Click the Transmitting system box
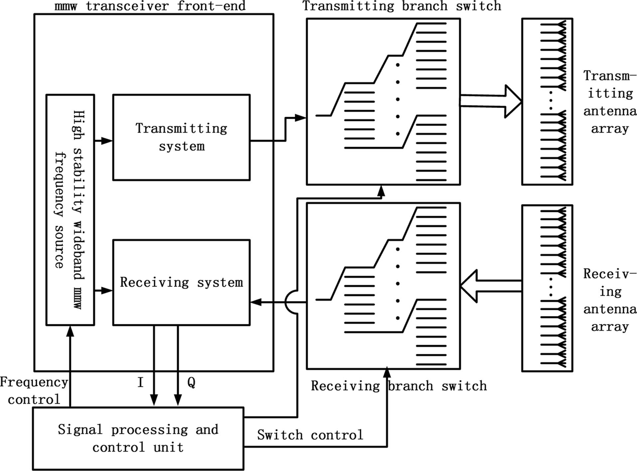pyautogui.click(x=181, y=137)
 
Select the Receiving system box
pyautogui.click(x=181, y=282)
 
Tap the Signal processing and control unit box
pyautogui.click(x=138, y=438)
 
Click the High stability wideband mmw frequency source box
pyautogui.click(x=70, y=209)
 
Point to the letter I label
pyautogui.click(x=141, y=383)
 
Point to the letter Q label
pyautogui.click(x=191, y=383)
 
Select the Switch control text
pyautogui.click(x=310, y=435)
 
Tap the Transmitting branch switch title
pyautogui.click(x=401, y=6)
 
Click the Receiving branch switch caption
pyautogui.click(x=399, y=386)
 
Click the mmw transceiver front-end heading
pyautogui.click(x=150, y=6)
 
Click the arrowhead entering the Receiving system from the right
pyautogui.click(x=256, y=302)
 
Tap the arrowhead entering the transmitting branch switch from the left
pyautogui.click(x=300, y=117)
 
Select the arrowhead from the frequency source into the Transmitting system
pyautogui.click(x=107, y=141)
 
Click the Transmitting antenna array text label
pyautogui.click(x=610, y=102)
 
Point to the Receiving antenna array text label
pyautogui.click(x=610, y=300)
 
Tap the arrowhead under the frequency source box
pyautogui.click(x=70, y=331)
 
